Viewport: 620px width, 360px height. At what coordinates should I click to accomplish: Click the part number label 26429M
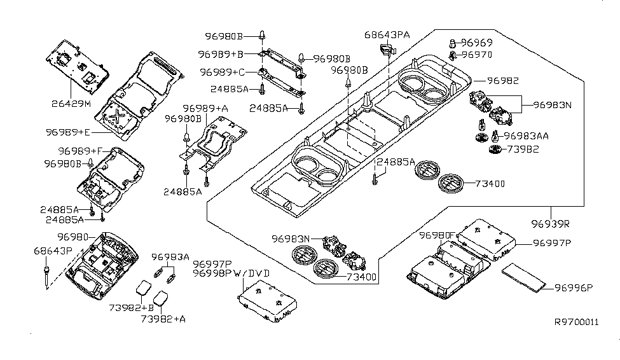tap(72, 102)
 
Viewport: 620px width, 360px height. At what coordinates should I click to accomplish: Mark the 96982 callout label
tap(503, 81)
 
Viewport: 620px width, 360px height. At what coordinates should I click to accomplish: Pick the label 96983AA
tap(526, 136)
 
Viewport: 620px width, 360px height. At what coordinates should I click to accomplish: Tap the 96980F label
tap(436, 235)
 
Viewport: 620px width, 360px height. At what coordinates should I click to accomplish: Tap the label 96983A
tap(170, 257)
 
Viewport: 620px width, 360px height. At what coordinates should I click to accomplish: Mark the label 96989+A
tap(205, 109)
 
